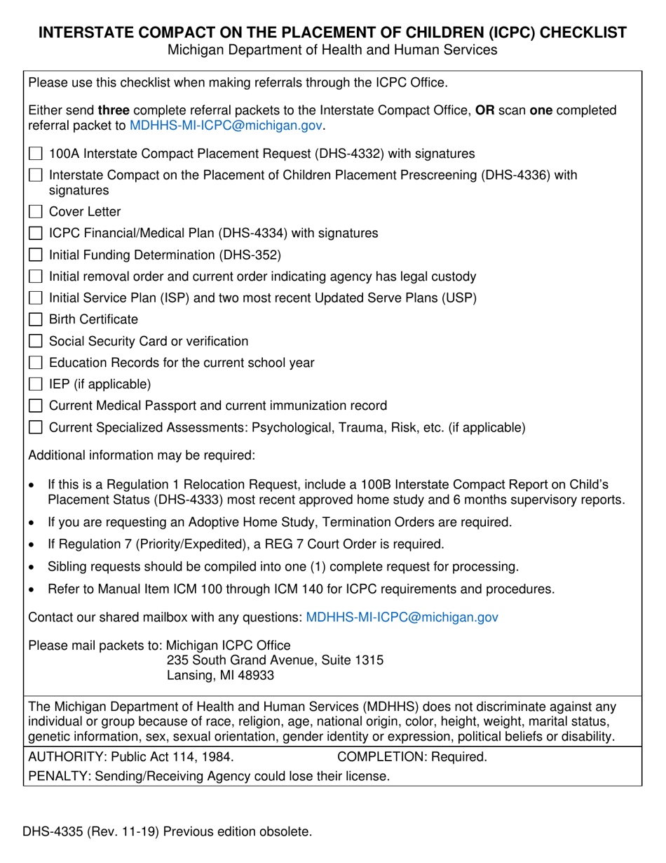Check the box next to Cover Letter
[x=35, y=212]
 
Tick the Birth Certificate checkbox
[x=35, y=320]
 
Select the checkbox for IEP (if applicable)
[x=35, y=384]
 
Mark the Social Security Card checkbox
[x=35, y=342]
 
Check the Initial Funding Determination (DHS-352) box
[x=35, y=255]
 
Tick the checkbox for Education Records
[x=35, y=363]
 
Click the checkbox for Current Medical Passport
[x=35, y=406]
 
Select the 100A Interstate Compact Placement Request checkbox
[x=35, y=154]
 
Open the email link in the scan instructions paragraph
[x=226, y=126]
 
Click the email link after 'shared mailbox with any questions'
[x=402, y=617]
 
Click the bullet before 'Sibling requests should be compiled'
[x=31, y=567]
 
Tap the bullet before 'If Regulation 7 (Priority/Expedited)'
[x=31, y=545]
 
